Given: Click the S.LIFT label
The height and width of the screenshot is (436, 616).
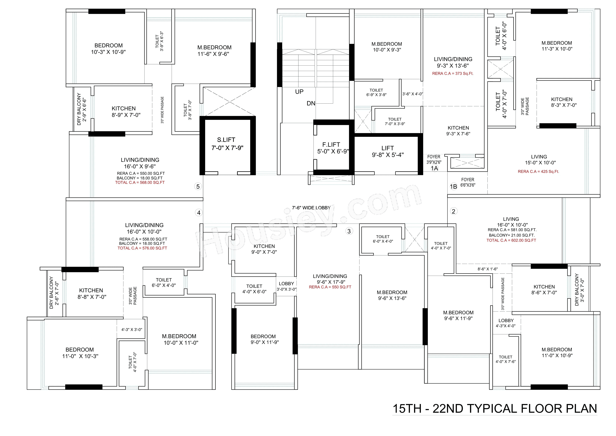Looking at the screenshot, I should click(x=226, y=140).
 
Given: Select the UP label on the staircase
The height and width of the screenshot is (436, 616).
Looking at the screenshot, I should click(x=299, y=92).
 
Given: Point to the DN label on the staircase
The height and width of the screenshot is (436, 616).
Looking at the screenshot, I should click(x=311, y=103).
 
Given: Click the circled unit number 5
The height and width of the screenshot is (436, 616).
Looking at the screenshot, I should click(x=198, y=186).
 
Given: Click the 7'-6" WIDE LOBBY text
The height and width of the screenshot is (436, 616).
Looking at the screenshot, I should click(x=311, y=208).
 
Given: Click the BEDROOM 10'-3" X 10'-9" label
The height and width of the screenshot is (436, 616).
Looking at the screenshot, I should click(x=108, y=49).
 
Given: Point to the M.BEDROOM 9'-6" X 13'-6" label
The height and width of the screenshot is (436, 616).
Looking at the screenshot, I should click(x=392, y=295).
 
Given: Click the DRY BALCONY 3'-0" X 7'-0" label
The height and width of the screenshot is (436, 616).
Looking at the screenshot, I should click(x=579, y=290).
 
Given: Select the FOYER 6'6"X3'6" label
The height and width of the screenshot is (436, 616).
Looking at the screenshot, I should click(x=468, y=182).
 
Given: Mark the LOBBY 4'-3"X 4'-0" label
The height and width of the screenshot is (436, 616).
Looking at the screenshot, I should click(x=506, y=323).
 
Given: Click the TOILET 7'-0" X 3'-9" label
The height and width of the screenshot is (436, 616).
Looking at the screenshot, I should click(x=395, y=121).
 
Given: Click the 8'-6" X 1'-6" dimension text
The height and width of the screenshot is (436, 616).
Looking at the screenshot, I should click(x=488, y=269).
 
